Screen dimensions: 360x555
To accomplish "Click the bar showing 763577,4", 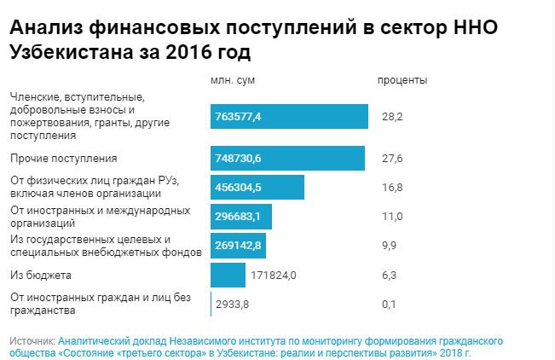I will click(x=289, y=116).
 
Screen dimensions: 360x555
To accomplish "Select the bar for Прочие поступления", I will click(x=287, y=159).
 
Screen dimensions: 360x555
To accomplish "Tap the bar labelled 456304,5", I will click(x=257, y=188).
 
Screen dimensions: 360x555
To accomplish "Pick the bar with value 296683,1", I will click(x=240, y=217).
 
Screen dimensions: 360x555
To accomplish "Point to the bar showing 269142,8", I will click(x=238, y=246).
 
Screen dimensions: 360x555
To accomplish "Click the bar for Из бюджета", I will click(x=228, y=275).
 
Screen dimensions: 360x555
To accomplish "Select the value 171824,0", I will click(x=273, y=275).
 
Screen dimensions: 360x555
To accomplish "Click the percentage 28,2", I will click(x=392, y=116).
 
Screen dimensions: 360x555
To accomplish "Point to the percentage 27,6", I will click(x=392, y=159).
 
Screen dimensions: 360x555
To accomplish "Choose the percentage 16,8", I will click(x=392, y=188).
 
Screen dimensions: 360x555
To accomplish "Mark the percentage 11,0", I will click(x=392, y=217).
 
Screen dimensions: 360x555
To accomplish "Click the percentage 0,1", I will click(x=390, y=304).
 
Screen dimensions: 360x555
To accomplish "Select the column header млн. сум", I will click(x=232, y=80).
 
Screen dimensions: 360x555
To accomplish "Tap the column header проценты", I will click(x=402, y=80).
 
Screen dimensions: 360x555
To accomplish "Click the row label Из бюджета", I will click(x=40, y=275).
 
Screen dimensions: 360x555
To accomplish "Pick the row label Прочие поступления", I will click(x=63, y=159).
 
